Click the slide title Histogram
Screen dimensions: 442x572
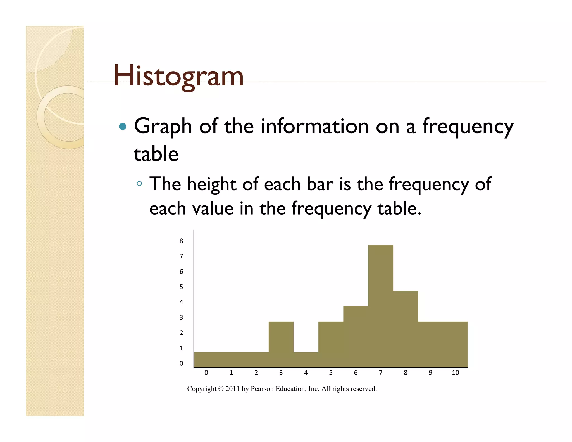[178, 76]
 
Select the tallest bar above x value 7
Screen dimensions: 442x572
[380, 306]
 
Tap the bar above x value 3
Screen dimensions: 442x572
[281, 344]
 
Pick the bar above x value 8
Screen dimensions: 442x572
[406, 329]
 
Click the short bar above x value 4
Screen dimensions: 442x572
[306, 360]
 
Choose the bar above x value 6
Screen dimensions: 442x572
[356, 337]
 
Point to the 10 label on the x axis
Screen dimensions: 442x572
[455, 373]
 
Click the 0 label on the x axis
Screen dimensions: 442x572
[206, 373]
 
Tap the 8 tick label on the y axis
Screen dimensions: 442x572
[181, 241]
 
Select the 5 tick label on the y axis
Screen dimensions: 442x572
[181, 287]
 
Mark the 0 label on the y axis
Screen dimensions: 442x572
[181, 363]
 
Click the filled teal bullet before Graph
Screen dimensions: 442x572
[122, 127]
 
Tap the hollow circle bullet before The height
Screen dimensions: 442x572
[139, 184]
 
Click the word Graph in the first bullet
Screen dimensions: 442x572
[163, 127]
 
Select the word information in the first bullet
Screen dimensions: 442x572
[315, 126]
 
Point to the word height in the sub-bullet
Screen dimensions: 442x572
[211, 184]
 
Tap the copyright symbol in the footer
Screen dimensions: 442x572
[221, 389]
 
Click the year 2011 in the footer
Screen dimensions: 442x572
[232, 389]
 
